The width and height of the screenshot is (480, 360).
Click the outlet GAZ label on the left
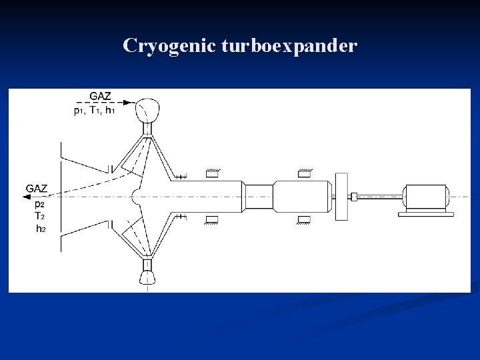37,189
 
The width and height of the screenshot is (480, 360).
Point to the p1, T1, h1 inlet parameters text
94,111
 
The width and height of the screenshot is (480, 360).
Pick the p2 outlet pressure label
39,204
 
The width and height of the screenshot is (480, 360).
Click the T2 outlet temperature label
39,216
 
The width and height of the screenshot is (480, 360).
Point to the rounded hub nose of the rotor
135,196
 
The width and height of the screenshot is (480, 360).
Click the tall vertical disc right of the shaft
342,196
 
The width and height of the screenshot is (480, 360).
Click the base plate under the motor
426,213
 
